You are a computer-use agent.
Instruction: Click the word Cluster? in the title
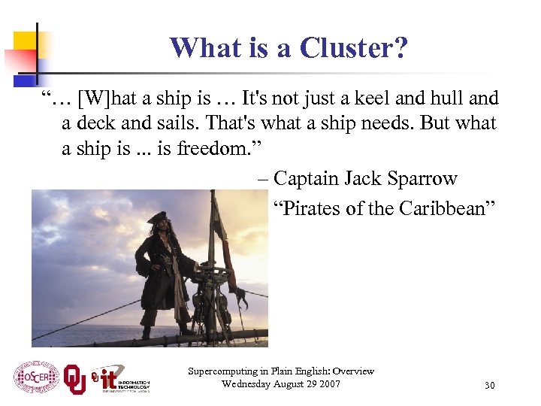(354, 48)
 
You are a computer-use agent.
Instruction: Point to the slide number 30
(489, 386)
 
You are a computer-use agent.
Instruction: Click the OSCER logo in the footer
(36, 377)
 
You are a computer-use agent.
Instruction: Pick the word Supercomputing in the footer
(222, 371)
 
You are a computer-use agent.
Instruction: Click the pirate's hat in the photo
(159, 218)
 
